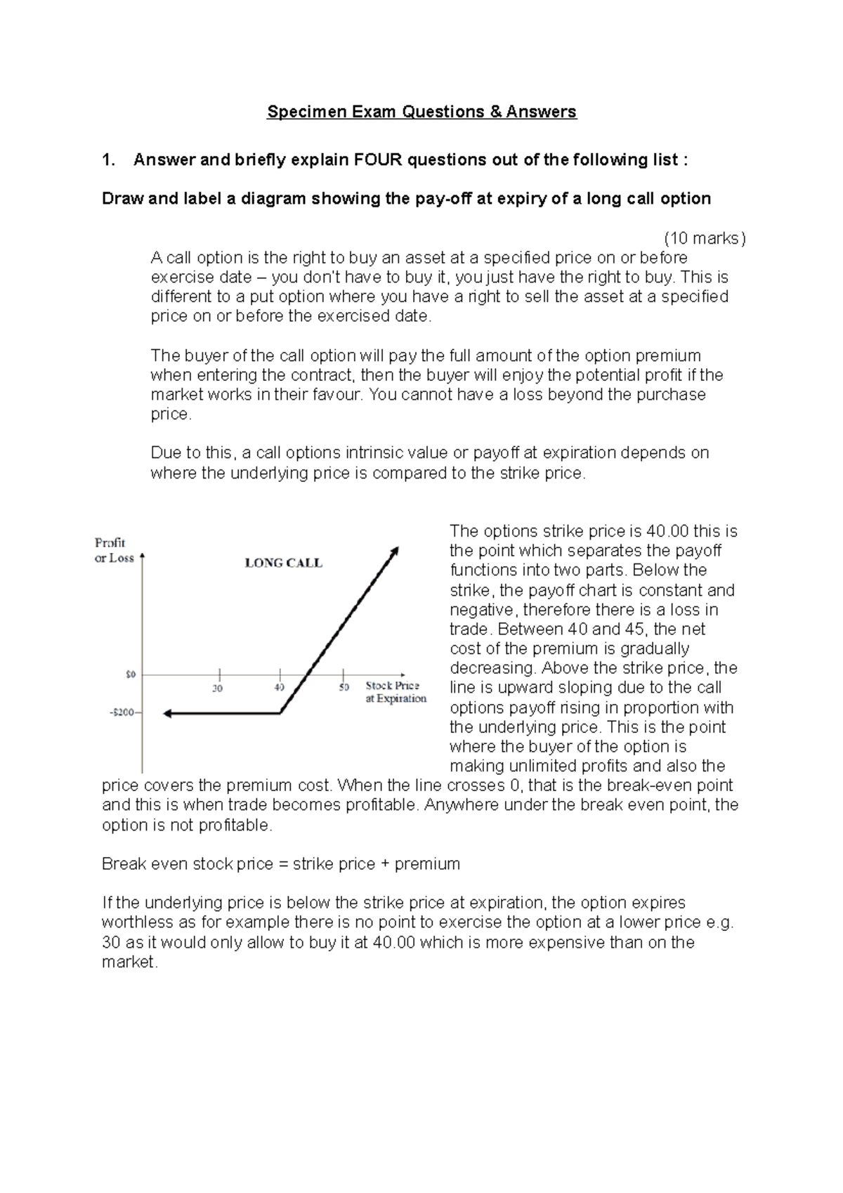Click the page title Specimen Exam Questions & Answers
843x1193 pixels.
click(421, 112)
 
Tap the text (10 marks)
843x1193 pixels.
click(705, 238)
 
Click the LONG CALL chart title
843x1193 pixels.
click(283, 563)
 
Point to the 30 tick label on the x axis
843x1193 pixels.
click(218, 689)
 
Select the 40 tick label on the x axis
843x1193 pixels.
click(279, 688)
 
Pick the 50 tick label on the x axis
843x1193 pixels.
click(344, 688)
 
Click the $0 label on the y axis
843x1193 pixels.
click(131, 674)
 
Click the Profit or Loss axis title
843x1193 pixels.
click(113, 550)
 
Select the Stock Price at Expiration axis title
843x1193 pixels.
click(396, 692)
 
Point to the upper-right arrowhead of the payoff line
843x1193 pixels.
click(395, 550)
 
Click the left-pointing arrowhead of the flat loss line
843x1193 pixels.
click(167, 713)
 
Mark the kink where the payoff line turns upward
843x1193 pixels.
click(280, 713)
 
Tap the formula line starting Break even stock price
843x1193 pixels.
click(281, 863)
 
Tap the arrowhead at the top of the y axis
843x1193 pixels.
click(143, 556)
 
